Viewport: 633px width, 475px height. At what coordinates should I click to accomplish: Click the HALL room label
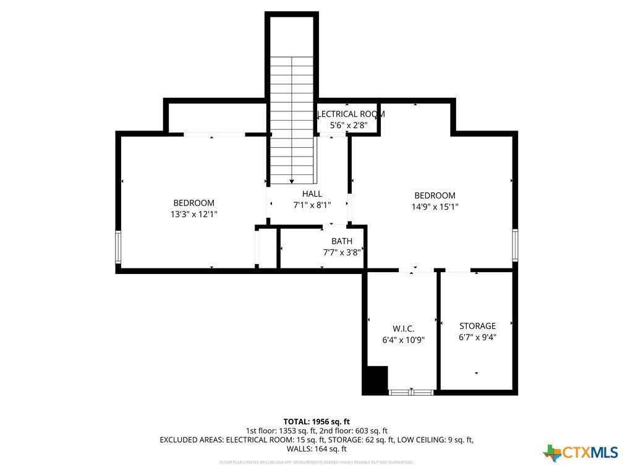pyautogui.click(x=312, y=194)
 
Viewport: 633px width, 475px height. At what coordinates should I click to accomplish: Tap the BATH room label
pyautogui.click(x=342, y=241)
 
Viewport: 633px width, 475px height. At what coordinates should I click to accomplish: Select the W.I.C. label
pyautogui.click(x=403, y=328)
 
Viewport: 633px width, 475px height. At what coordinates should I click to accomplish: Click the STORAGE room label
pyautogui.click(x=477, y=326)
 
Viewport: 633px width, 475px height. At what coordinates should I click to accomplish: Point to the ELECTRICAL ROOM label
pyautogui.click(x=351, y=114)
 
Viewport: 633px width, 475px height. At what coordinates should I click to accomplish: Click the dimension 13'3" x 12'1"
pyautogui.click(x=193, y=214)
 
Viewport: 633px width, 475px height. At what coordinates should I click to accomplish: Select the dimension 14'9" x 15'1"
pyautogui.click(x=435, y=207)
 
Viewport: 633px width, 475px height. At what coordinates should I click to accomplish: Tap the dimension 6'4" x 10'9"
pyautogui.click(x=403, y=340)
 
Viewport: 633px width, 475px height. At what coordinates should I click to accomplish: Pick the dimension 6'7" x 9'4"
pyautogui.click(x=477, y=337)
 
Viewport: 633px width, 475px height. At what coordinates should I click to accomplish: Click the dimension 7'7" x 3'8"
pyautogui.click(x=342, y=252)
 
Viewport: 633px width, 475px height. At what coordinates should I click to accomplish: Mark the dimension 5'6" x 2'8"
pyautogui.click(x=349, y=125)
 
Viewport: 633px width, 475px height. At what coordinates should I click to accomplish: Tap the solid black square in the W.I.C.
pyautogui.click(x=375, y=379)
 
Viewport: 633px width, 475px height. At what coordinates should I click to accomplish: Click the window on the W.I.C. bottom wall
pyautogui.click(x=412, y=392)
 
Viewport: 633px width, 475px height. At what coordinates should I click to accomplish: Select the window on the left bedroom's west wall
pyautogui.click(x=118, y=247)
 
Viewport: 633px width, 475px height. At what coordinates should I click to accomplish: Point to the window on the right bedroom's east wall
pyautogui.click(x=514, y=244)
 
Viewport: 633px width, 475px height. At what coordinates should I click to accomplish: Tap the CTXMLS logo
pyautogui.click(x=580, y=453)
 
